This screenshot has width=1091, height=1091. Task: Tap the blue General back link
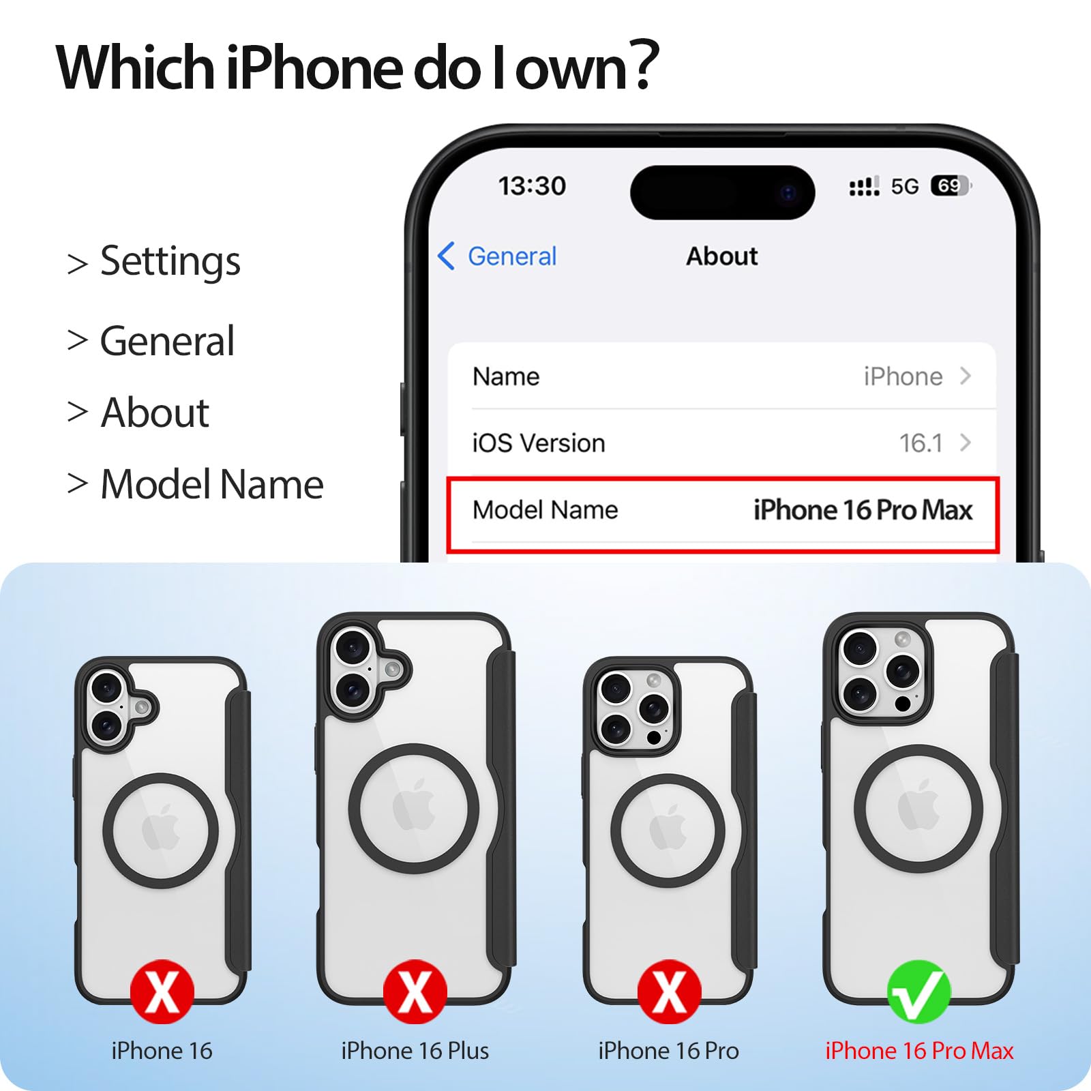(x=497, y=256)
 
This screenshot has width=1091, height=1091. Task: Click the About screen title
(x=721, y=256)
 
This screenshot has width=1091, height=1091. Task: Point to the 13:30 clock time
(x=532, y=185)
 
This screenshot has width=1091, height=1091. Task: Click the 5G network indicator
(x=905, y=186)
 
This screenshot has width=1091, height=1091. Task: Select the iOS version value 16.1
(x=921, y=443)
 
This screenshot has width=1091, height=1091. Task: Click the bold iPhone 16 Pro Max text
(x=863, y=510)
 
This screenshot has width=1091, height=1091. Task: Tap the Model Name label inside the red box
(x=545, y=510)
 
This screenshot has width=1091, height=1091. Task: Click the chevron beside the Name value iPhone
(x=965, y=376)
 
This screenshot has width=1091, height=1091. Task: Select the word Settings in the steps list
(x=170, y=262)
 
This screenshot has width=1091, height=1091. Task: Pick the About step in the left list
(x=155, y=413)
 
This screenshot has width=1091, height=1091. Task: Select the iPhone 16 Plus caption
(x=415, y=1051)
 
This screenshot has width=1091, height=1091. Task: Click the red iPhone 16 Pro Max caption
(x=919, y=1051)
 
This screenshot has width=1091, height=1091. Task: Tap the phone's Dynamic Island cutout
(x=722, y=192)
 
